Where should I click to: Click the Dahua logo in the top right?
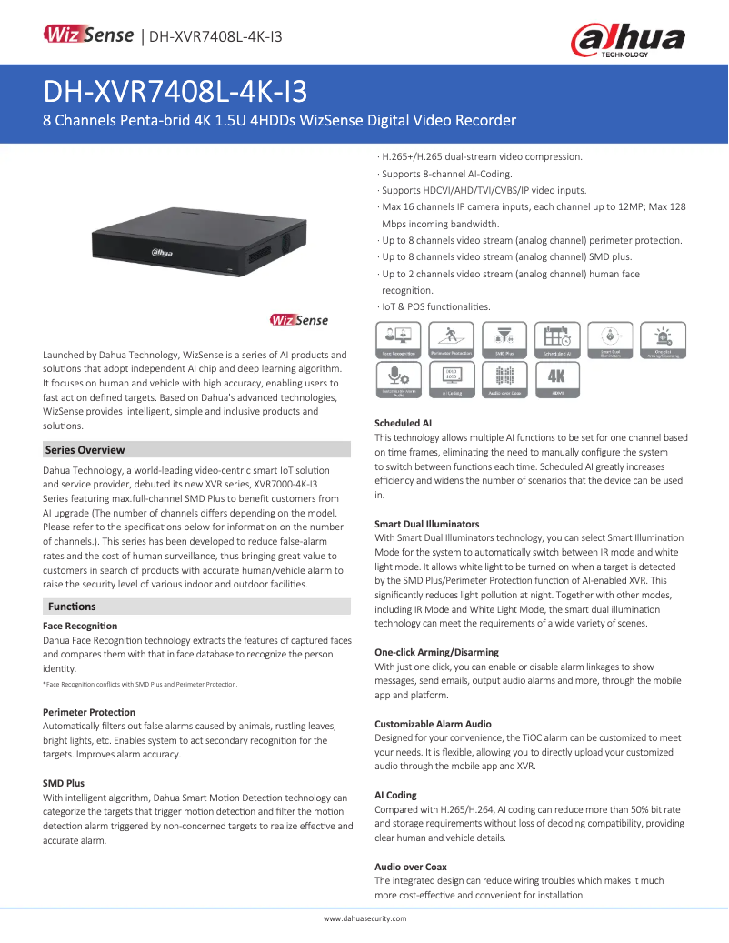tap(627, 40)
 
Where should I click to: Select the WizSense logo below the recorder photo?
tap(299, 320)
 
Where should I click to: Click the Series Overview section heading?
tap(85, 450)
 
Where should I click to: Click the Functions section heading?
tap(72, 607)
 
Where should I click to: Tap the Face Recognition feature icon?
tap(397, 339)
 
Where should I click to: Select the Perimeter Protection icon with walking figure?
tap(451, 339)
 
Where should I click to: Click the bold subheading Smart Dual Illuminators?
tap(426, 525)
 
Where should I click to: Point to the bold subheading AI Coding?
tap(395, 795)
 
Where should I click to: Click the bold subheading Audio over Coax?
tap(411, 867)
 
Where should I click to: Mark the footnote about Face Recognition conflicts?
tap(140, 684)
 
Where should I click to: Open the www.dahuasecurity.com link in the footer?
tap(365, 919)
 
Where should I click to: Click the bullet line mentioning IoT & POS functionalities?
tap(435, 306)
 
